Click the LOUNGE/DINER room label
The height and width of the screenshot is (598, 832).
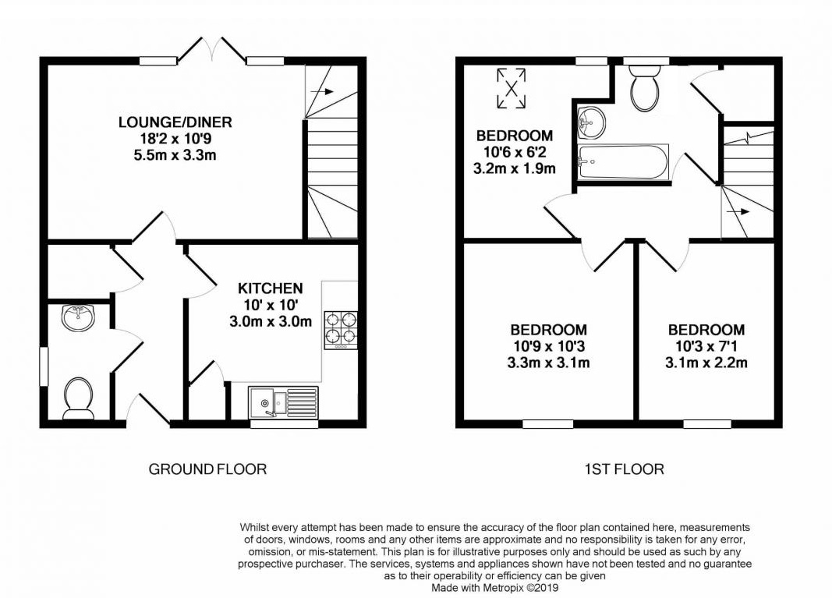tap(175, 122)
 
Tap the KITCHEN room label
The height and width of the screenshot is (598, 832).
tap(271, 288)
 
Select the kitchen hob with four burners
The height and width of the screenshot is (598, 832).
tap(341, 328)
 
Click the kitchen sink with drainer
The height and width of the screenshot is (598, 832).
tap(283, 403)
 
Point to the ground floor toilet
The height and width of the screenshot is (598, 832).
tap(78, 395)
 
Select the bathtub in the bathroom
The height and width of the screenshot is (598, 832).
tap(622, 161)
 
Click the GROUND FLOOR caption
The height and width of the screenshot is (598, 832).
tap(207, 469)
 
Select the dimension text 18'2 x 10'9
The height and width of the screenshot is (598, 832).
tap(175, 139)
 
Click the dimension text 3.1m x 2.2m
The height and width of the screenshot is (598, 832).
tap(706, 363)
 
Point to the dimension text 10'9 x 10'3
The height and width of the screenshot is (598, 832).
tap(549, 346)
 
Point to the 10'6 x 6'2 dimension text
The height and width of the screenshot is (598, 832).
tap(515, 152)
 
